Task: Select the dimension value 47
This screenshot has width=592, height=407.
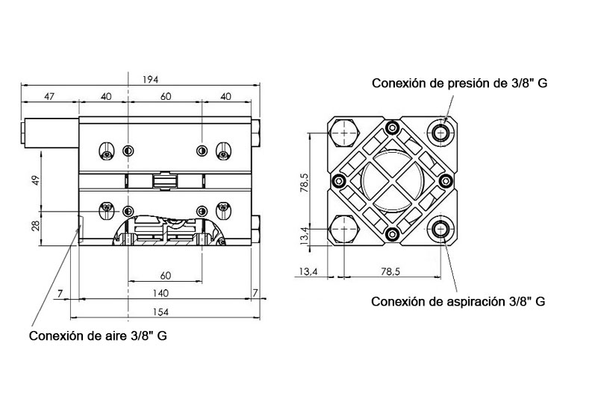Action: (49, 96)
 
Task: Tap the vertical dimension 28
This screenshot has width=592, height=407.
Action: (34, 225)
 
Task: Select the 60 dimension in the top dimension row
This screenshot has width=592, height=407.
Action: (166, 96)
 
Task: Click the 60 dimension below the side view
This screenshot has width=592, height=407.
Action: (166, 274)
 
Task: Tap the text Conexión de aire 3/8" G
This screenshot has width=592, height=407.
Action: (98, 335)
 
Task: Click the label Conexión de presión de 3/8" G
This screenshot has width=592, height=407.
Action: (460, 83)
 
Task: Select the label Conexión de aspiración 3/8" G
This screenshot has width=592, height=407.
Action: (458, 302)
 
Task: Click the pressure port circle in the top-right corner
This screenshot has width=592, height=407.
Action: (443, 133)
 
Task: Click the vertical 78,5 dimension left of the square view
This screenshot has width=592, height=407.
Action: (303, 181)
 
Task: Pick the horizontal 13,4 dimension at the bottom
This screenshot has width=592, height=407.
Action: (308, 273)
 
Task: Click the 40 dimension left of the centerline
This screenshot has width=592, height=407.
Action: (106, 96)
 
